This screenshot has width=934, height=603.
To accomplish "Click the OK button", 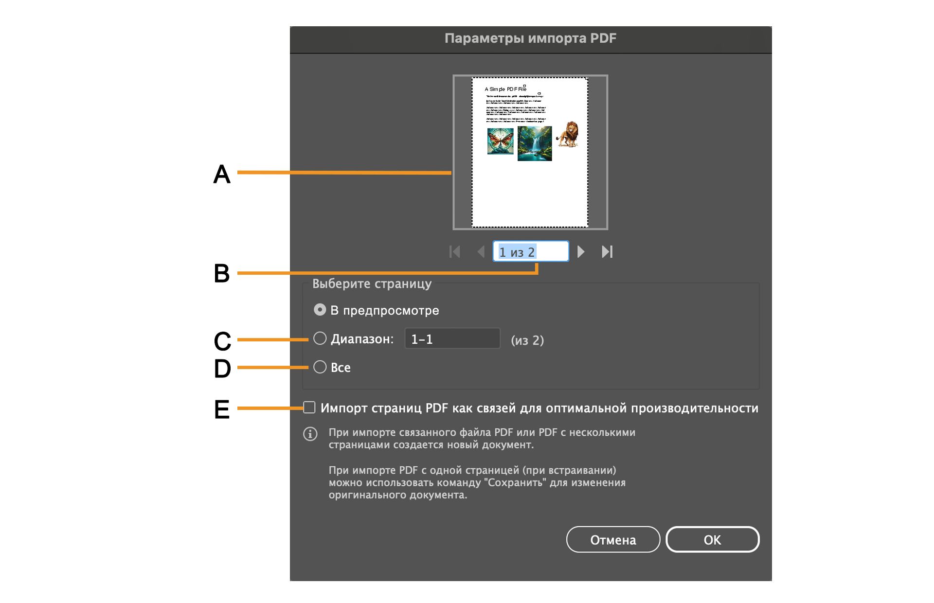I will point(712,540).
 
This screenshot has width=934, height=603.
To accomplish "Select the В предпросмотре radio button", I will point(320,310).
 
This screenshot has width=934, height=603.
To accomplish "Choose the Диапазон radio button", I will point(320,338).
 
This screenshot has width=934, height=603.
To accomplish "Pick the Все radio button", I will point(320,367).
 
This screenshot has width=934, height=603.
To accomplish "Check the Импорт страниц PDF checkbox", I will point(309,408).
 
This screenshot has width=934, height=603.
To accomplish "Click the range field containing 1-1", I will point(452,339).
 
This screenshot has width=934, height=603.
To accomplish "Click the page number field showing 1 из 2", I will point(530,252).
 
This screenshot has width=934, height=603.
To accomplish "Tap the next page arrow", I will point(581,252).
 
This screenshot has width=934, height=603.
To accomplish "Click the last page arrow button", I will point(607,252).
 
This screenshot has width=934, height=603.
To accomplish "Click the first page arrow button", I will point(455,252).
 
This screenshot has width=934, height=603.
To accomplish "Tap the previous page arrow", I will point(481,252).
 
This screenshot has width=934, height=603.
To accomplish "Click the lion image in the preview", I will point(567,134).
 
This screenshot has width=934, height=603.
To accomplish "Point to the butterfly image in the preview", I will point(500,141).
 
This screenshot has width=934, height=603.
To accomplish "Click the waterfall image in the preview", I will point(535,143).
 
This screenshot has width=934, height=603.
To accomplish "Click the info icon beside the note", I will point(310,434).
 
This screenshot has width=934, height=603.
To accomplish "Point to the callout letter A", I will point(222,174).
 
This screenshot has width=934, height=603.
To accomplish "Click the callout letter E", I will point(222,409).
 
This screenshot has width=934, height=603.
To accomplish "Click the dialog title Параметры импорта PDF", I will point(530,38).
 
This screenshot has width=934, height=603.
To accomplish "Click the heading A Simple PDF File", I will point(505,89).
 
